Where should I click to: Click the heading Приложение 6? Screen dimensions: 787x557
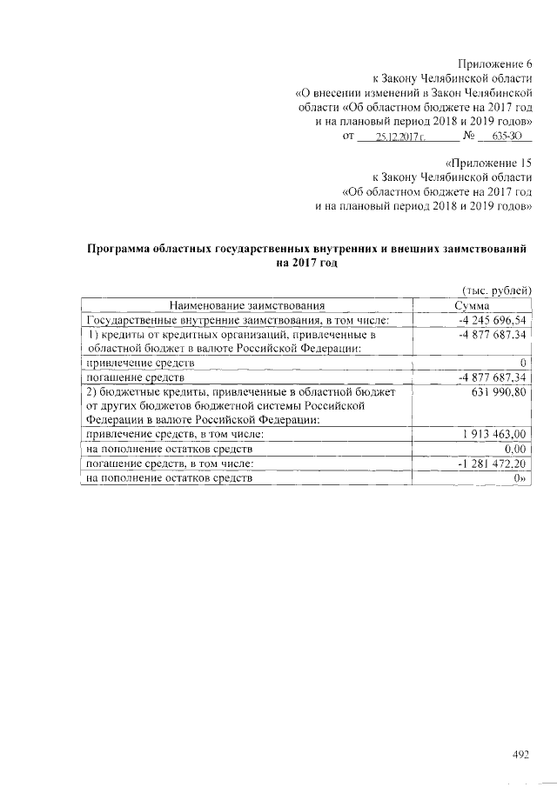pyautogui.click(x=493, y=63)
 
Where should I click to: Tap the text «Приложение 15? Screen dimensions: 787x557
pyautogui.click(x=488, y=163)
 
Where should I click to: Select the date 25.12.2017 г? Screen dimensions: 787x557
pyautogui.click(x=398, y=137)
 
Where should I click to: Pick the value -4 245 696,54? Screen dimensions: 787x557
pyautogui.click(x=493, y=320)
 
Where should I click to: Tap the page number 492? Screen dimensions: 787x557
pyautogui.click(x=520, y=754)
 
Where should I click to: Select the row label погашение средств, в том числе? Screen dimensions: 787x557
pyautogui.click(x=165, y=464)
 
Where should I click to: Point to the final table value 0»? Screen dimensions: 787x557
pyautogui.click(x=521, y=477)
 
